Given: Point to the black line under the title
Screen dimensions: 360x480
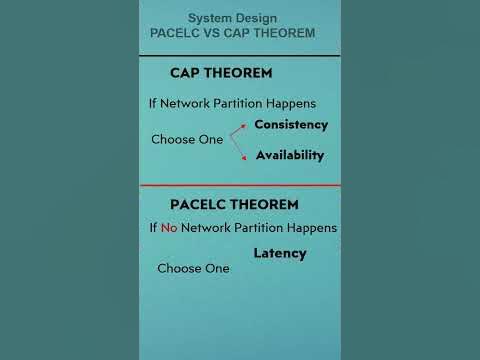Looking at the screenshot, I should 240,56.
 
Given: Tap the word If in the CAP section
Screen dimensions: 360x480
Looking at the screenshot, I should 153,103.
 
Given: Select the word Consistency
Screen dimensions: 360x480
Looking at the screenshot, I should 291,125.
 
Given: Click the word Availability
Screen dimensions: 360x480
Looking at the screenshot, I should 290,155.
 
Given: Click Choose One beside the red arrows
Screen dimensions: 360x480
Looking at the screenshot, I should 187,139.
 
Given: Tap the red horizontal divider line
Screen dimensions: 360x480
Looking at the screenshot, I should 240,186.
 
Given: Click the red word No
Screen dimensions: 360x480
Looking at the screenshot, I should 168,228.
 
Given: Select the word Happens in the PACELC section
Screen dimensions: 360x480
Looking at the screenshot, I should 310,228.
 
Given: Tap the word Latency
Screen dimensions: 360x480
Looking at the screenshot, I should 280,253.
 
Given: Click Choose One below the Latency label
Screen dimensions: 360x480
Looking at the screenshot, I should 193,268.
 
